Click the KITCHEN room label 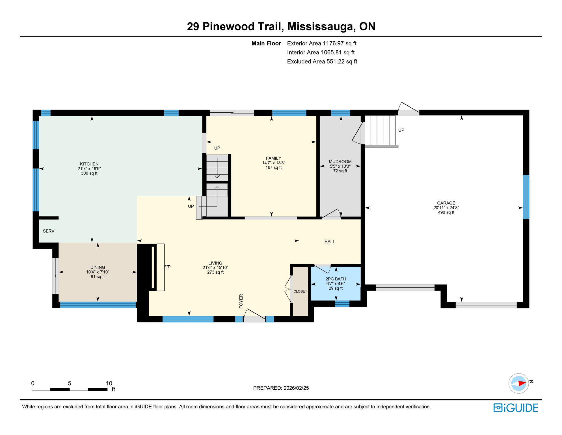(x=89, y=164)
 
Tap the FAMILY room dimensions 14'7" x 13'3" (x=273, y=163)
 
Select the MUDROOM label (x=340, y=162)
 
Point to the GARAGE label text (x=446, y=203)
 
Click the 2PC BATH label (x=336, y=279)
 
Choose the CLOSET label (x=300, y=291)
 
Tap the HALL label (x=330, y=242)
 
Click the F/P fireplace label (x=167, y=267)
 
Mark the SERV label (x=49, y=231)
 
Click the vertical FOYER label (x=241, y=301)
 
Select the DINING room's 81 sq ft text (x=98, y=277)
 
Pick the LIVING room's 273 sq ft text (x=215, y=272)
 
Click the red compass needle (x=522, y=383)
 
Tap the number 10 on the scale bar (x=109, y=383)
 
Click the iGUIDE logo (x=516, y=408)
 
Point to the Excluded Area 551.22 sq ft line (x=322, y=61)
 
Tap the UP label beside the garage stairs (x=401, y=130)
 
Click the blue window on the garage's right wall (x=526, y=197)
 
